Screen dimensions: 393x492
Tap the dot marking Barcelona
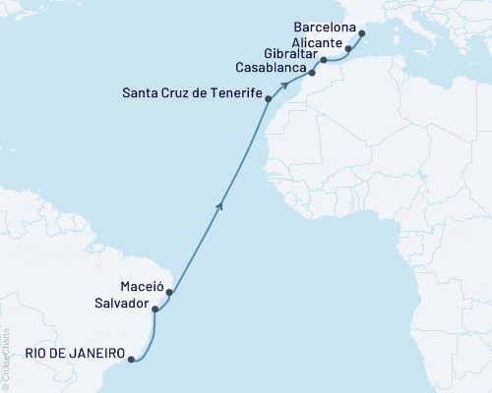(x=362, y=34)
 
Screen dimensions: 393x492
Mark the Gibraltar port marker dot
(x=324, y=61)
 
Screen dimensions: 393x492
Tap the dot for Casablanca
(x=312, y=73)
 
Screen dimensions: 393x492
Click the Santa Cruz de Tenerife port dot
(x=269, y=99)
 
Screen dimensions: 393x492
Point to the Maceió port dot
(x=169, y=292)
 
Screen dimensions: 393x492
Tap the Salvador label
(x=123, y=305)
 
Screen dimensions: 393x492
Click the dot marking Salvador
(x=154, y=309)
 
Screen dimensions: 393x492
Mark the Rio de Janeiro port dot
(x=131, y=359)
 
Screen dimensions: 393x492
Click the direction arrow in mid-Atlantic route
(x=220, y=203)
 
